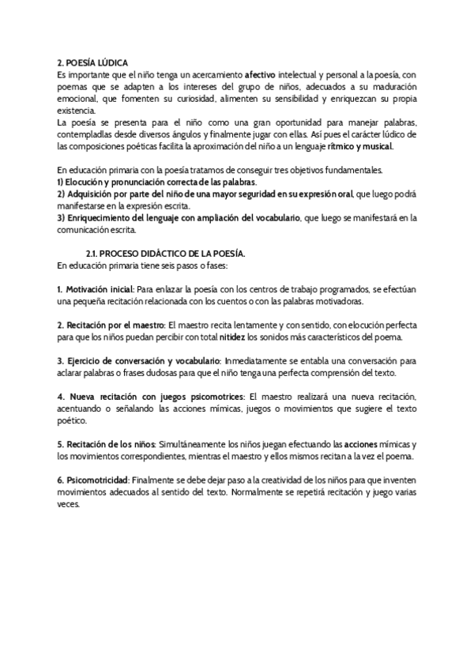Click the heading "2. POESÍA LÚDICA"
(93, 62)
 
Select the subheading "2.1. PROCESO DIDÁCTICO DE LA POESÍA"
(165, 253)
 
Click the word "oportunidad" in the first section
(268, 122)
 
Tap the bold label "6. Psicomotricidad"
(92, 481)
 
